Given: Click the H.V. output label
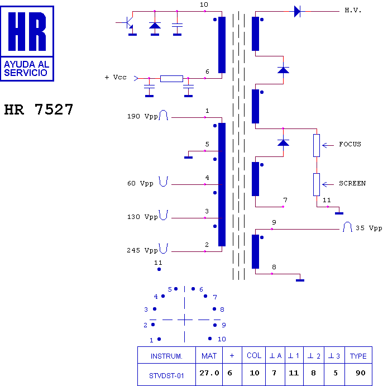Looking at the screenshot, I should coord(353,11).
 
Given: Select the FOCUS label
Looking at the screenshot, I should coord(350,144).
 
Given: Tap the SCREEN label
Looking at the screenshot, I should coord(352,183).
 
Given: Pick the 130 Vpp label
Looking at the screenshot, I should coord(142,217).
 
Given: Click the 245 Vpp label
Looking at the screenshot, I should coord(142,251).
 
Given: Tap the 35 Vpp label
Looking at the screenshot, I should coord(369,228).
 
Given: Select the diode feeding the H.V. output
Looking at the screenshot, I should coord(297,11).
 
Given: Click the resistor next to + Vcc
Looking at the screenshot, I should coord(171,78).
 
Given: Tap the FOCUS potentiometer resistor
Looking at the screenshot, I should coord(317,145).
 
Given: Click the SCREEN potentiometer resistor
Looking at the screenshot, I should coord(317,184).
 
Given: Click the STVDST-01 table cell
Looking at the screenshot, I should coord(166,375).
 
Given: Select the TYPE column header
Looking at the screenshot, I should coord(358,356).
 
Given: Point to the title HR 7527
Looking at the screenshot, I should coord(39,109).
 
